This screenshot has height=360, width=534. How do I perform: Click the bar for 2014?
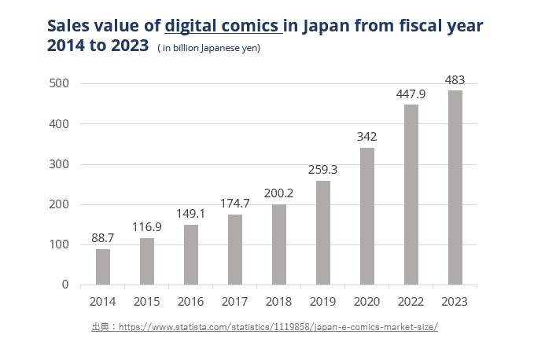pos(103,266)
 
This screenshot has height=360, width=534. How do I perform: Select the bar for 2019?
pos(323,233)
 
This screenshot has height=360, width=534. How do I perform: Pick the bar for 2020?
pos(366,216)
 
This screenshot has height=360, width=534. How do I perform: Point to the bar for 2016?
pos(191,255)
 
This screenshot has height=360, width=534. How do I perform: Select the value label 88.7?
pos(103,239)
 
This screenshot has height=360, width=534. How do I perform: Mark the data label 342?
pos(366,137)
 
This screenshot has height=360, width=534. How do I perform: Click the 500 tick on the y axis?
pos(60,84)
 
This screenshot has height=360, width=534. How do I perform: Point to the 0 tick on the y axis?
pos(65,285)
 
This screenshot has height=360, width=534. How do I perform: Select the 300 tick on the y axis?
pos(60,164)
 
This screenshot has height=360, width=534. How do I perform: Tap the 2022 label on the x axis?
pos(411,301)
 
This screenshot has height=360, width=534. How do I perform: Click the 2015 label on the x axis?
pos(147,301)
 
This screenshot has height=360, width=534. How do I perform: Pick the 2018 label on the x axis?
pos(279,301)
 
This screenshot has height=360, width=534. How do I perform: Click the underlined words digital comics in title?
pos(223,24)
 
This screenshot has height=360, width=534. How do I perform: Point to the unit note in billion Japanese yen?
pos(208,48)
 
